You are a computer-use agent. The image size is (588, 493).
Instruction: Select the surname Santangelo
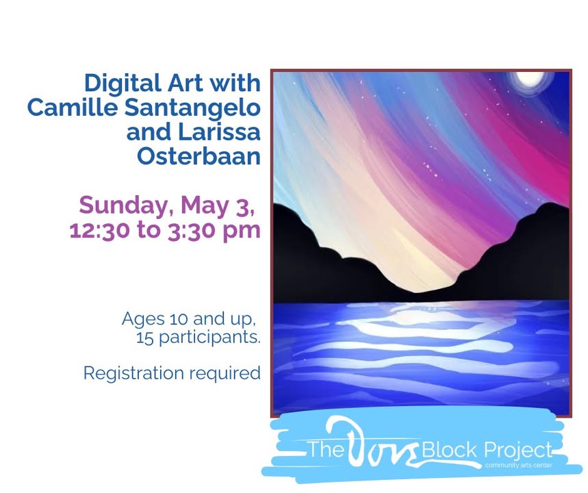pyautogui.click(x=192, y=109)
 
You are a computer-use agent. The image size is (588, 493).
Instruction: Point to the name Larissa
pyautogui.click(x=219, y=132)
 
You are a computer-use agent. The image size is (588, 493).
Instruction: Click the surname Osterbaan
pyautogui.click(x=199, y=156)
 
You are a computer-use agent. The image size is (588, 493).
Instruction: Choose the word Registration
pyautogui.click(x=133, y=374)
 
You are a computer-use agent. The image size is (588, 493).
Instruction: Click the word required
pyautogui.click(x=225, y=374)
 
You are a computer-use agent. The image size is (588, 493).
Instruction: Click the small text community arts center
pyautogui.click(x=519, y=465)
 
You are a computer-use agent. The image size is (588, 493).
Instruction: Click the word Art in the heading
pyautogui.click(x=186, y=83)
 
